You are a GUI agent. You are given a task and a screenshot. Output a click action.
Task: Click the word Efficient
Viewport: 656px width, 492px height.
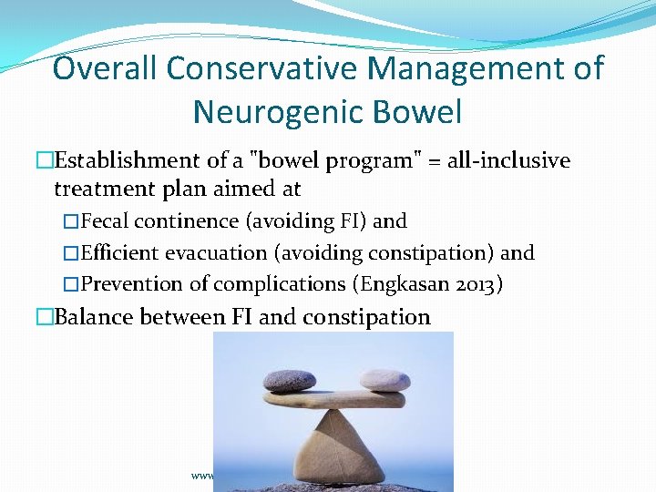point(119,252)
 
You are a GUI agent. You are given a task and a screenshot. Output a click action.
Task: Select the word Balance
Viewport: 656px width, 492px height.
point(95,317)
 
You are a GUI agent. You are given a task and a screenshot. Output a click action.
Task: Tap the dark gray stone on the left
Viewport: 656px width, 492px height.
point(291,380)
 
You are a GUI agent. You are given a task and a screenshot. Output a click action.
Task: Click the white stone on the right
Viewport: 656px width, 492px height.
point(384,379)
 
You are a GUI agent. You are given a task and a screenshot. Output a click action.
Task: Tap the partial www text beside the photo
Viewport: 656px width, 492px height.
point(201,476)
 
